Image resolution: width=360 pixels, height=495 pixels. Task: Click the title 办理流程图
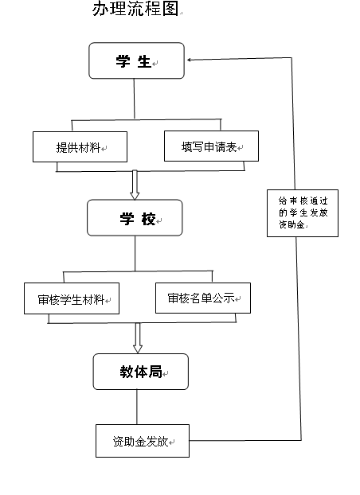coord(135,9)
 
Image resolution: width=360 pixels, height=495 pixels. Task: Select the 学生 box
coord(136,60)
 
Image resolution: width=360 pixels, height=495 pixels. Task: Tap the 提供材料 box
coord(80,146)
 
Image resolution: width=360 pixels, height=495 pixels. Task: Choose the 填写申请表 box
coord(211,146)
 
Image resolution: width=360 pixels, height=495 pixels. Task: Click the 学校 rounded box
coord(135,218)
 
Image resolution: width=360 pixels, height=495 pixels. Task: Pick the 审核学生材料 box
coord(72,298)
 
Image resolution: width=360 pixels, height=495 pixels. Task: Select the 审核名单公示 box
coord(203,298)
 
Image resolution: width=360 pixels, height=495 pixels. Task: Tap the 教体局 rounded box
coord(141,372)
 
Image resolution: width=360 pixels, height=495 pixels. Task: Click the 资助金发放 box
coord(143,441)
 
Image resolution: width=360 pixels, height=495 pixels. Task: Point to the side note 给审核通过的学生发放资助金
coord(303,213)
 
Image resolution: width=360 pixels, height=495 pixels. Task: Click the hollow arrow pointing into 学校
coord(135,185)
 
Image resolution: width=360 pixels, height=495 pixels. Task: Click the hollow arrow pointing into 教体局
coord(138,337)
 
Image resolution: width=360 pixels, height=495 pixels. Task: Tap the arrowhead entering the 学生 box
coord(189,60)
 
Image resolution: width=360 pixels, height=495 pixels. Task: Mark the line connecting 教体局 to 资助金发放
coord(137,407)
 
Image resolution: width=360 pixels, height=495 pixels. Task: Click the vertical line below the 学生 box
coord(134,99)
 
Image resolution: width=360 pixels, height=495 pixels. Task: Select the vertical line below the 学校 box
coord(135,254)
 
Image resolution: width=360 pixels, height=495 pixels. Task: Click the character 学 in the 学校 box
coord(127,219)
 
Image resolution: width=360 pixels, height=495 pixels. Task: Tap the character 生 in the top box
coord(144,61)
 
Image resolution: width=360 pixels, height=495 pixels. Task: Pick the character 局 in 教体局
coord(155,372)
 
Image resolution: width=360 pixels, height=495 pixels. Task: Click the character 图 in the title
coord(170,9)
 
